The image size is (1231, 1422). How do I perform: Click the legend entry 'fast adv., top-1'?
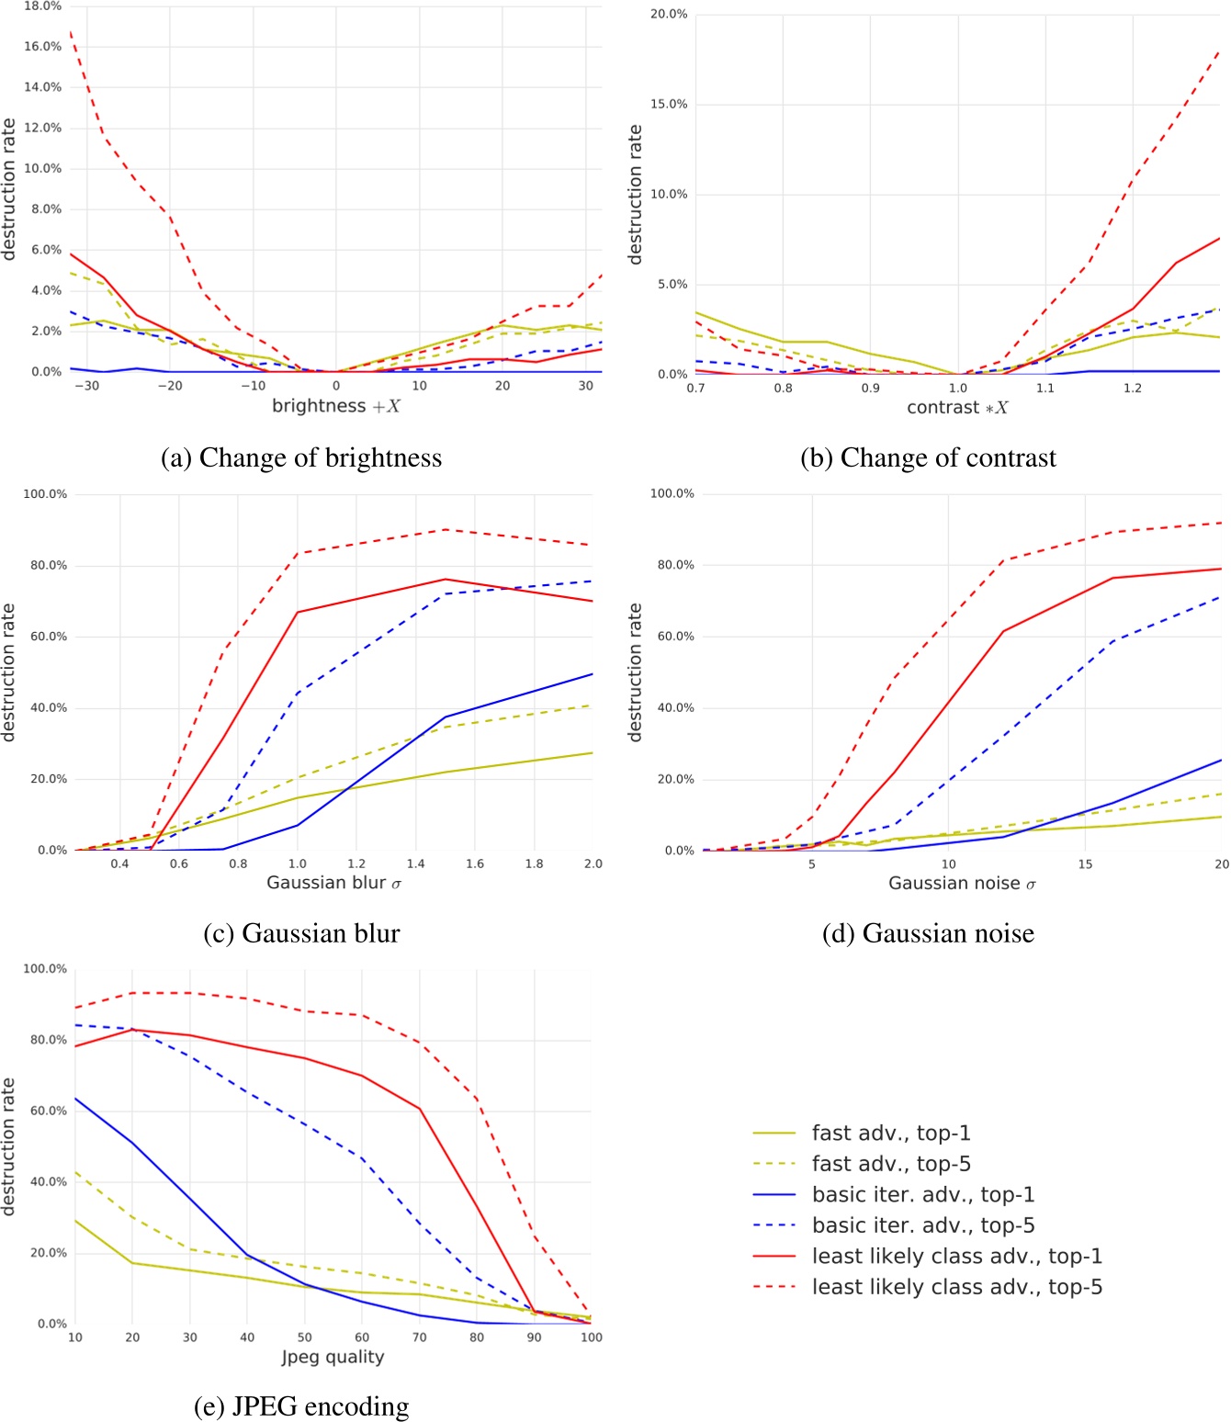(891, 1133)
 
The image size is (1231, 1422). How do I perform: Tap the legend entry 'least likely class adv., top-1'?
(956, 1256)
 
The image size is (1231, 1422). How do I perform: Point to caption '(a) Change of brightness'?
(301, 457)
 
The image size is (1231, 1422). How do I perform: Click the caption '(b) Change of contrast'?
(928, 457)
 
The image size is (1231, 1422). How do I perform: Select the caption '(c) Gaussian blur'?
(301, 933)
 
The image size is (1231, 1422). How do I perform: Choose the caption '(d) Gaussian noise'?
(928, 933)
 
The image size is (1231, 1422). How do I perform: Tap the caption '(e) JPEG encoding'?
(301, 1406)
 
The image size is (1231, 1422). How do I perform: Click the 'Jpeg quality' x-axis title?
(333, 1357)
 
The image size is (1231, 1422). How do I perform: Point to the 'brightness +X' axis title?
(335, 406)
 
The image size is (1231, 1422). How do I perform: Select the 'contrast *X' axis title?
(957, 407)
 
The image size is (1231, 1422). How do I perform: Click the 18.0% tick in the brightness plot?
(42, 6)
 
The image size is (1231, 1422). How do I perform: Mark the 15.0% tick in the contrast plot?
(669, 104)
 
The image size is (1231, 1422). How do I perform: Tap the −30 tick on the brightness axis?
(86, 386)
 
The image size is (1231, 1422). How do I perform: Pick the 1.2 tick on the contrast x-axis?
(1133, 388)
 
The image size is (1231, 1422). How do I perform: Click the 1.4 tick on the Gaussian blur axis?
(416, 863)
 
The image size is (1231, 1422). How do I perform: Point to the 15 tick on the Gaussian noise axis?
(1085, 863)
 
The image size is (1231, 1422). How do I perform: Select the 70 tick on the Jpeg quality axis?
(420, 1337)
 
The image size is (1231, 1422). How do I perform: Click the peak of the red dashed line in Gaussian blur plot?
(446, 530)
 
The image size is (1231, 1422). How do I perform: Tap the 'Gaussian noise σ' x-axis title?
(962, 884)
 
